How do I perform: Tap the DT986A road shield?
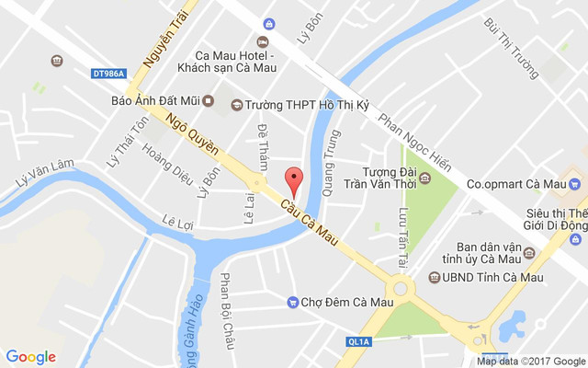(108, 72)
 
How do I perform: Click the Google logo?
(31, 357)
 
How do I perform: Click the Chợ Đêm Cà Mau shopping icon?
(293, 302)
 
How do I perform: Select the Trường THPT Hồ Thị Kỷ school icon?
(236, 105)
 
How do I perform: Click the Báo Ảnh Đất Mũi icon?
(208, 100)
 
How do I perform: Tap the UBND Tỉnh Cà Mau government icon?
(434, 277)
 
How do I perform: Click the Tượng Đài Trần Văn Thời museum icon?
(424, 178)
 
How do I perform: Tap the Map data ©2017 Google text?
(530, 362)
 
